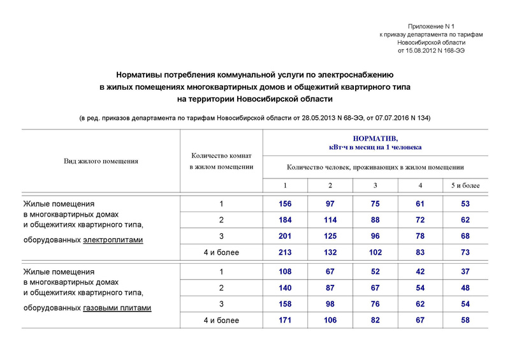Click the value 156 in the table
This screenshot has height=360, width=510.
(x=285, y=204)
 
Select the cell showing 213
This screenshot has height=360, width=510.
(x=285, y=252)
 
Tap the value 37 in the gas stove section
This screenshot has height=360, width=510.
(x=465, y=271)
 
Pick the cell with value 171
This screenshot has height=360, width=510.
(x=285, y=320)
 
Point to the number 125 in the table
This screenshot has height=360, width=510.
(x=330, y=236)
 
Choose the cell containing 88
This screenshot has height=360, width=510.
(x=375, y=220)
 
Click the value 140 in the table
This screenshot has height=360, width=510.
(x=285, y=287)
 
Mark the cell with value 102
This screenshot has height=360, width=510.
(x=375, y=252)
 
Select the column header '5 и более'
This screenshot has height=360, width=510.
(x=465, y=185)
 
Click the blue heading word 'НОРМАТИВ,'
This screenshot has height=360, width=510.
(x=375, y=138)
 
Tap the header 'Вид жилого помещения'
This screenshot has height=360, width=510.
(x=101, y=161)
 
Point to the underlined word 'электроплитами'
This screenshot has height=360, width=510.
(x=113, y=240)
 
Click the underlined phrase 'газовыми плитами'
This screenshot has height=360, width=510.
(x=117, y=308)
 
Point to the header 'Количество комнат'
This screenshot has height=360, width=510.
(x=221, y=155)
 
